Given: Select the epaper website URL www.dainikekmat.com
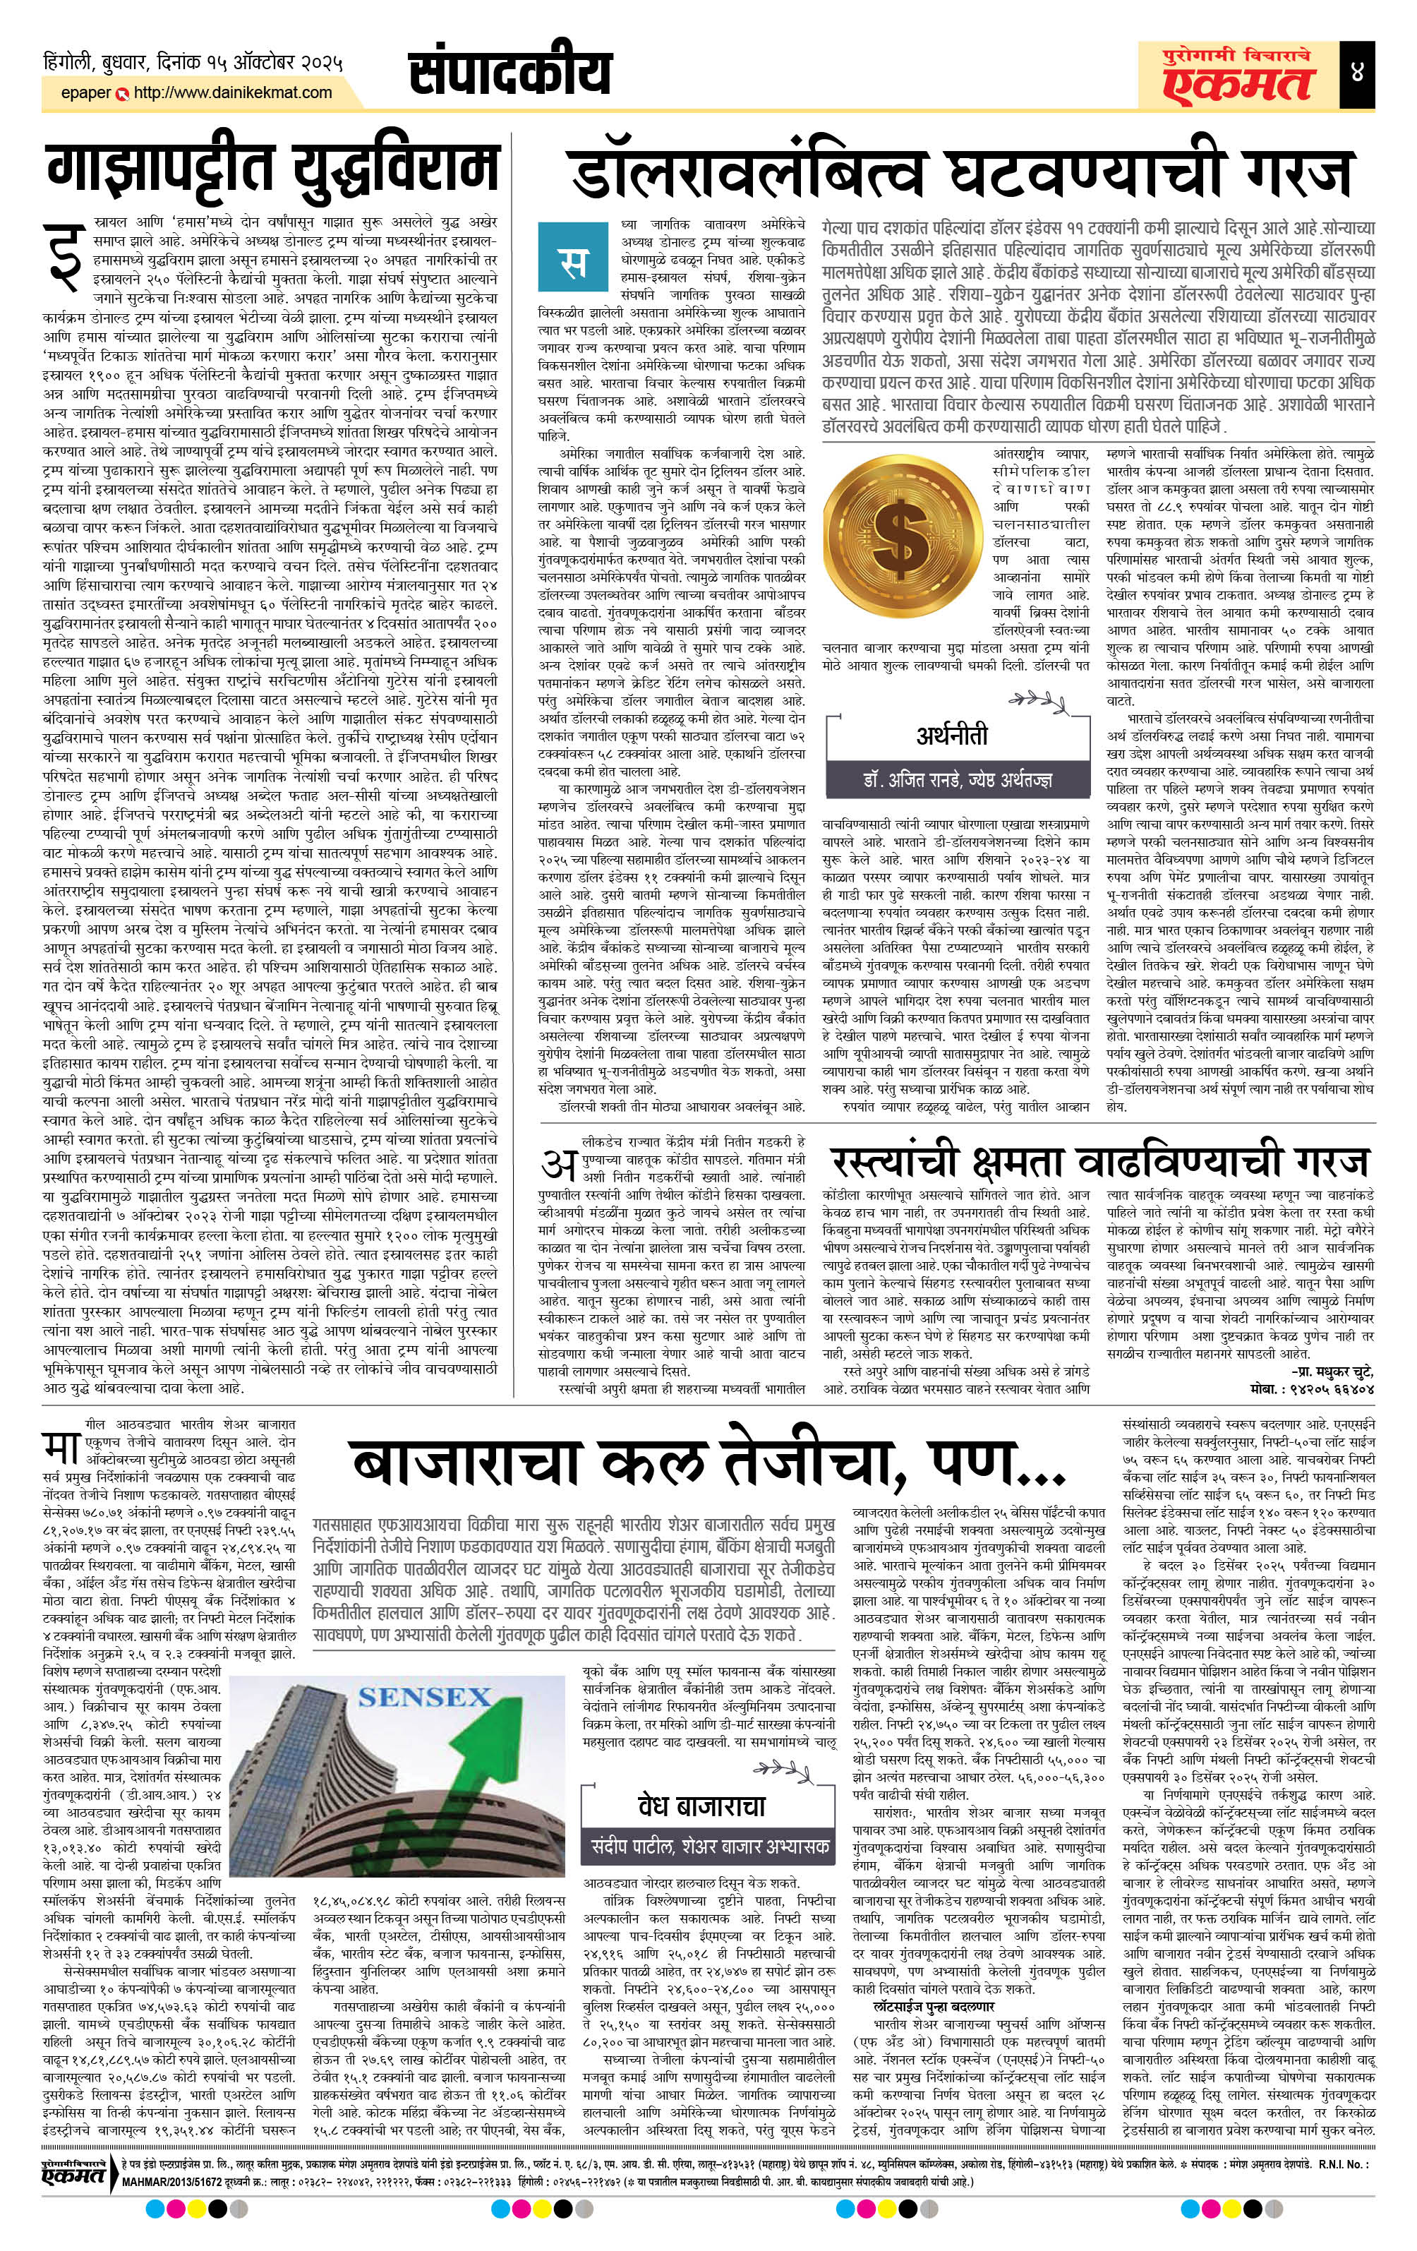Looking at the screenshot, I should [233, 92].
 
